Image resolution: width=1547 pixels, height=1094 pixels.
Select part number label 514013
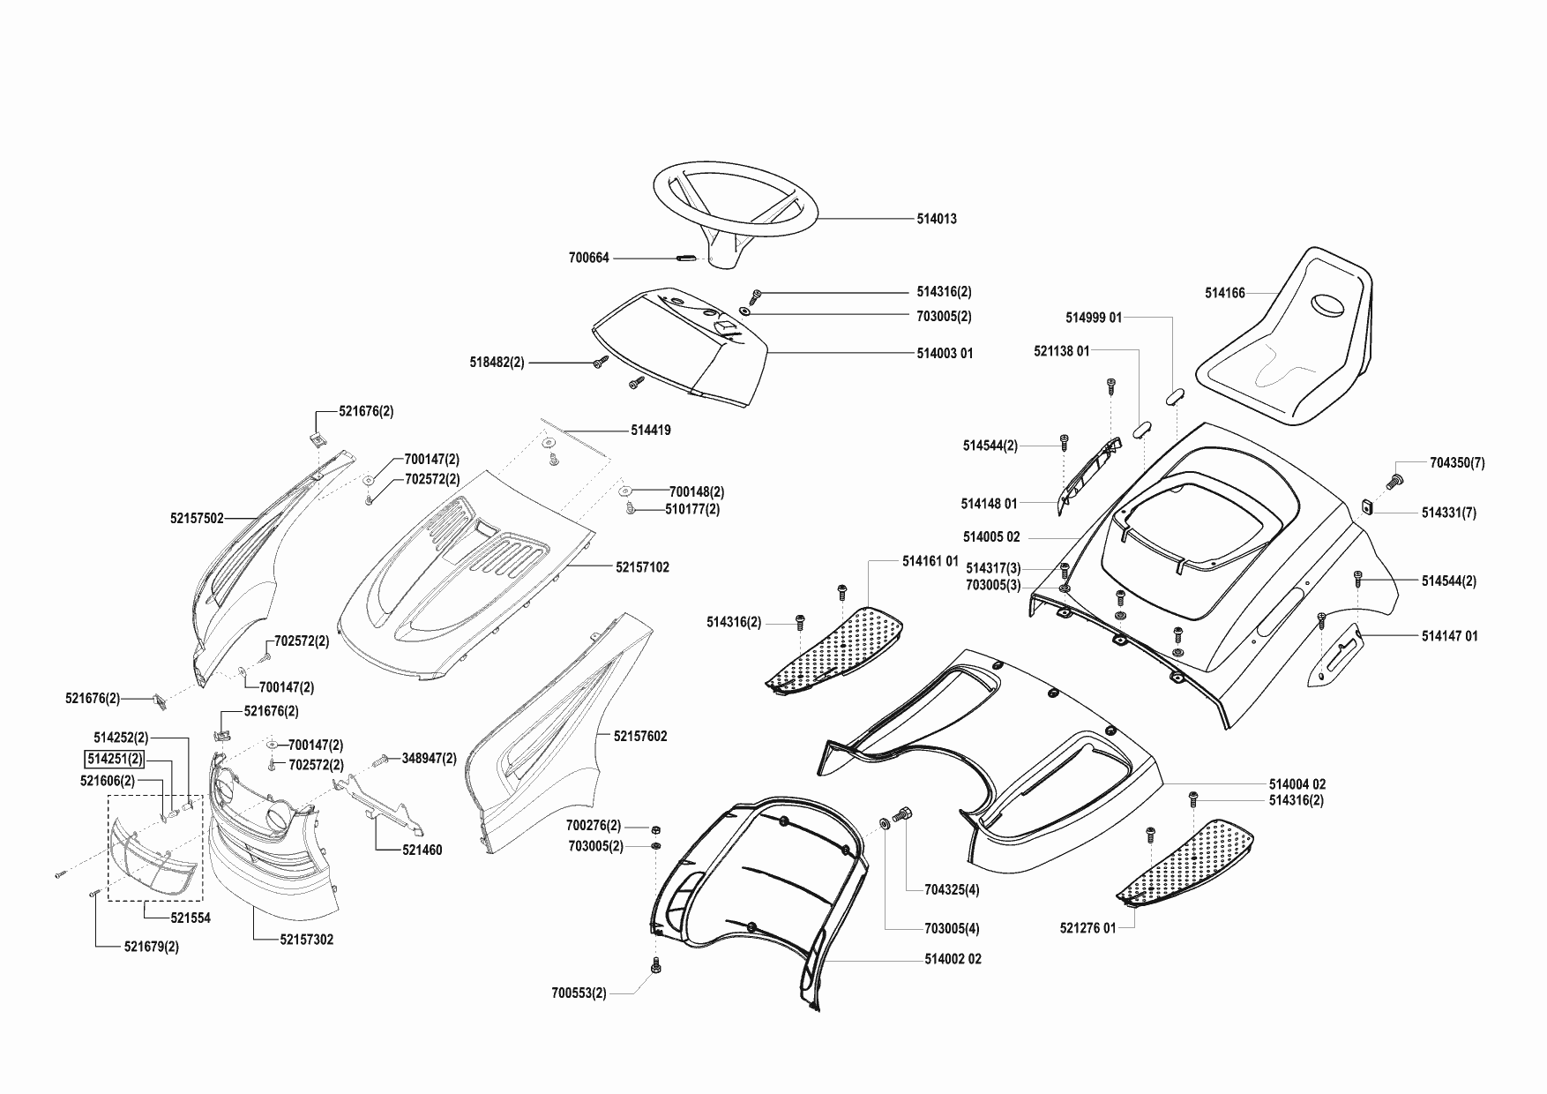tap(937, 219)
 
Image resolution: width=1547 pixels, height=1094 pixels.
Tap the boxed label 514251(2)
tap(114, 759)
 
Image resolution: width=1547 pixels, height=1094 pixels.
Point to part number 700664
tap(588, 259)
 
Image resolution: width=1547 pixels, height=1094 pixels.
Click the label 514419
tap(651, 431)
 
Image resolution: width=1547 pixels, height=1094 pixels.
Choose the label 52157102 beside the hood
tap(642, 567)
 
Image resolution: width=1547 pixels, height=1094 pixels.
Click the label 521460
tap(422, 850)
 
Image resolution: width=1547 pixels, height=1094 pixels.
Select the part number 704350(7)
tap(1457, 462)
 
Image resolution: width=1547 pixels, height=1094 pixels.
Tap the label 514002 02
tap(953, 959)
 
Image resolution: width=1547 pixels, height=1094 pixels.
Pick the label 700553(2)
tap(579, 993)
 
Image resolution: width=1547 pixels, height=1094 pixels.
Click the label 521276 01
tap(1087, 927)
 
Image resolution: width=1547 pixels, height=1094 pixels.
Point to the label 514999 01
tap(1094, 318)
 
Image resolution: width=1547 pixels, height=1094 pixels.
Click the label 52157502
tap(197, 520)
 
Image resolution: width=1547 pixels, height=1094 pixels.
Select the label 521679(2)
tap(151, 947)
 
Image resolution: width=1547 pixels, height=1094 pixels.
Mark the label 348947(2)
tap(430, 758)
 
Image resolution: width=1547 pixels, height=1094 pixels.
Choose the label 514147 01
tap(1450, 635)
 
